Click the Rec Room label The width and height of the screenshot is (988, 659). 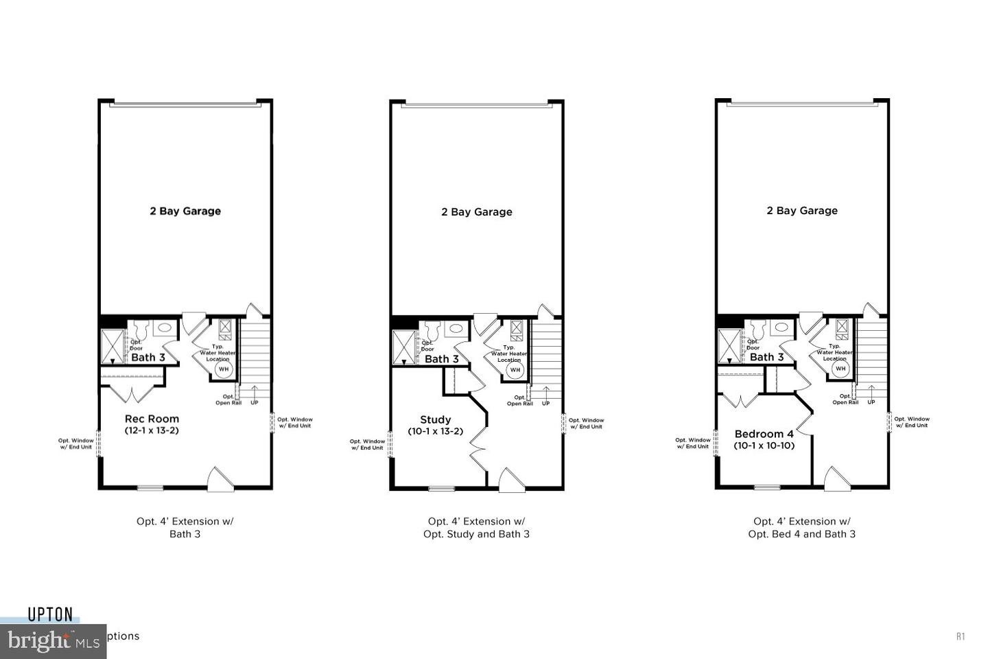[152, 419]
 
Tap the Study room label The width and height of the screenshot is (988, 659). [435, 419]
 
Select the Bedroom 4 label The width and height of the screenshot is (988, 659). [764, 434]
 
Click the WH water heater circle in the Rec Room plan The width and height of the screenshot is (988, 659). [224, 369]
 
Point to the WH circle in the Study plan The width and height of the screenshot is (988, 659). [515, 370]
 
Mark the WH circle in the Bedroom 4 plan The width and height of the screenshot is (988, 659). [840, 369]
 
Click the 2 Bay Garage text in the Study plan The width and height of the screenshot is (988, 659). [476, 212]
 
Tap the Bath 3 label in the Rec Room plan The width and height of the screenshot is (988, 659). [148, 357]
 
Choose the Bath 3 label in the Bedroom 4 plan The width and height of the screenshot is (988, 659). [766, 357]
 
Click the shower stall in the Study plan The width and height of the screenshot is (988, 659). [404, 347]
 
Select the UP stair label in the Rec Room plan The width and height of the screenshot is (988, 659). [255, 402]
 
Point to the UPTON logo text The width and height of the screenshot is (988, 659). [50, 614]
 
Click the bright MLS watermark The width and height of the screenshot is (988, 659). [51, 642]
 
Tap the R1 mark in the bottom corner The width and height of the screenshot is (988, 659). [960, 636]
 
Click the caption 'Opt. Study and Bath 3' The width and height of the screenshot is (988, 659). [476, 534]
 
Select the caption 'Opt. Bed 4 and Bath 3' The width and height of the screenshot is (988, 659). [801, 534]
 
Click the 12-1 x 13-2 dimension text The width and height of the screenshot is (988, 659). [152, 430]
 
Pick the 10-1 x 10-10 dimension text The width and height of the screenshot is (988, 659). [764, 446]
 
